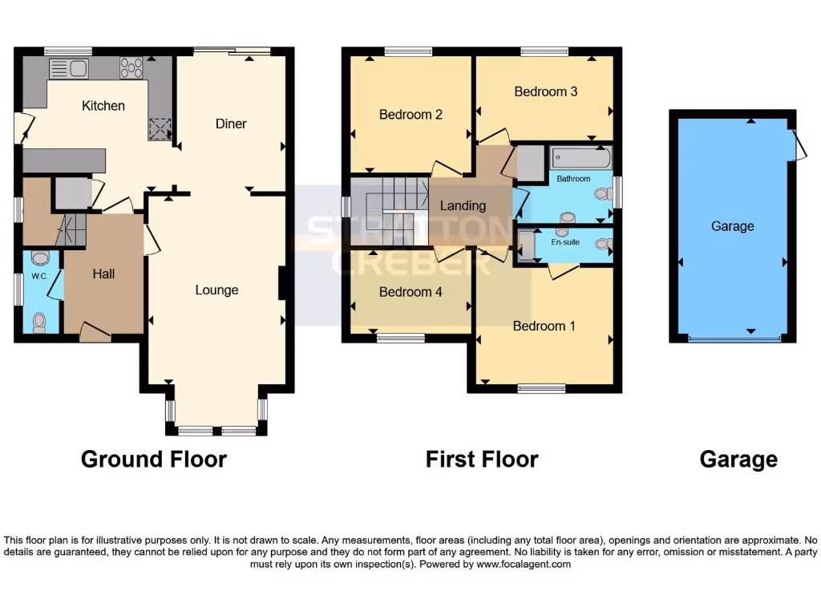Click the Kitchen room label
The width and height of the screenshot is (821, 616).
[103, 105]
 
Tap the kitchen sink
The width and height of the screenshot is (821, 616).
[69, 69]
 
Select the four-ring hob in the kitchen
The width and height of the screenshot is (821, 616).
[131, 69]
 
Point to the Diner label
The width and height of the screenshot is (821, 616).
[231, 124]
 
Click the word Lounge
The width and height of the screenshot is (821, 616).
[216, 290]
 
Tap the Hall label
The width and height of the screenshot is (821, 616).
[103, 274]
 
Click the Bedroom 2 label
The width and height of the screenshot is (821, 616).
[410, 115]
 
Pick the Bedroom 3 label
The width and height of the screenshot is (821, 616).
[545, 91]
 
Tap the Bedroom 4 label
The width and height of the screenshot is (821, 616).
[410, 292]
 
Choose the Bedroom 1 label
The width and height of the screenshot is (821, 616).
[544, 326]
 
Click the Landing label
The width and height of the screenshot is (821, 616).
[463, 205]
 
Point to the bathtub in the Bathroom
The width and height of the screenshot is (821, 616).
[580, 156]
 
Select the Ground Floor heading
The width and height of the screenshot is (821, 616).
[154, 459]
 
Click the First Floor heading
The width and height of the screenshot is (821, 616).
[481, 459]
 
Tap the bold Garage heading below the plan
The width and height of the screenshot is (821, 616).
[738, 459]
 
